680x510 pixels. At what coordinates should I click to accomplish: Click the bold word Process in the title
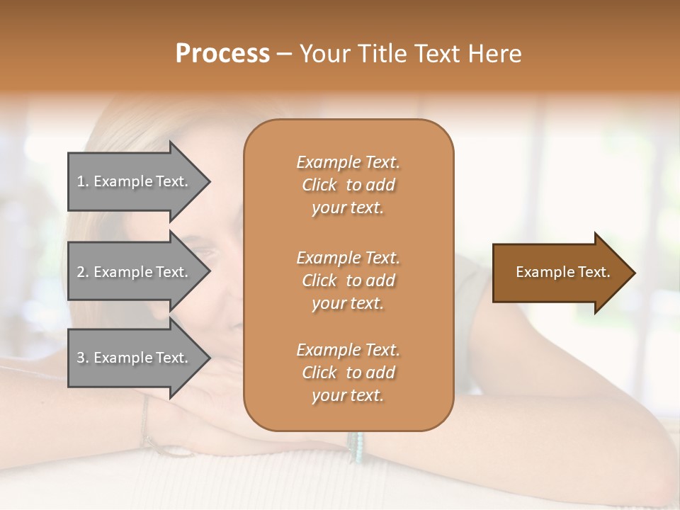[222, 54]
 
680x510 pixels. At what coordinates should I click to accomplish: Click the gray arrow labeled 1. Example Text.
[135, 181]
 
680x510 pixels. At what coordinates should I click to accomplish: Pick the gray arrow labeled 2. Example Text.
[135, 272]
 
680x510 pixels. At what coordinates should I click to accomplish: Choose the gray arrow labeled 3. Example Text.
[135, 358]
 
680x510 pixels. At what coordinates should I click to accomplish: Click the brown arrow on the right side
[560, 273]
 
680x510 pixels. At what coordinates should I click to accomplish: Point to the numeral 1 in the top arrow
[81, 181]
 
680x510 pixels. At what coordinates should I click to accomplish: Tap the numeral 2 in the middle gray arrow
[81, 272]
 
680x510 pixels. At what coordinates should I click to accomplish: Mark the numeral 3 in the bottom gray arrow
[81, 358]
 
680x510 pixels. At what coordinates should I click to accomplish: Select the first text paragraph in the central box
[348, 185]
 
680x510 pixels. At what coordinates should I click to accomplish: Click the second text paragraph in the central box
[348, 280]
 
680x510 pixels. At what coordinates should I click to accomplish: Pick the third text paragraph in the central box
[348, 373]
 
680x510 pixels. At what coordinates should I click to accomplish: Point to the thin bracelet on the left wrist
[145, 421]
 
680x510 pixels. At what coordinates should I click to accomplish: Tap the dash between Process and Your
[285, 54]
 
